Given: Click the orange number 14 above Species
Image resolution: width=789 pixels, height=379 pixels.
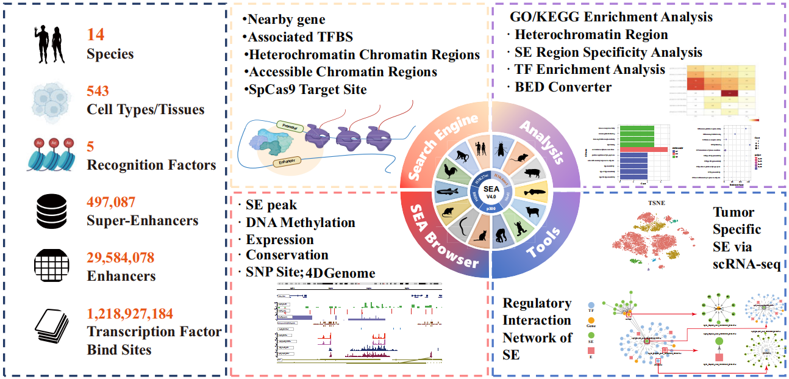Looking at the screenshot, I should [96, 35].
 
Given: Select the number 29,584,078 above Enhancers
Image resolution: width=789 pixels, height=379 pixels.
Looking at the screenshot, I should [121, 257].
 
